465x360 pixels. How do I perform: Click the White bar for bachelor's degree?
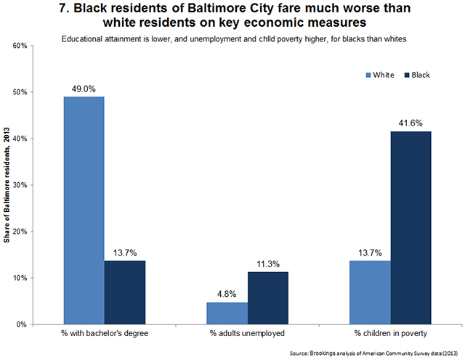[x=84, y=210]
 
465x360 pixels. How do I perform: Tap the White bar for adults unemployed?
[x=227, y=313]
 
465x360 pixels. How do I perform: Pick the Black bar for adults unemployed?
[x=269, y=298]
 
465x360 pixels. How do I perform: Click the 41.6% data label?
[x=411, y=123]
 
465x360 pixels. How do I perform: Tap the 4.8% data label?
[x=227, y=293]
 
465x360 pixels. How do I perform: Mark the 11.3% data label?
[x=269, y=263]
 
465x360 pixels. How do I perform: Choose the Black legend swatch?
[x=407, y=75]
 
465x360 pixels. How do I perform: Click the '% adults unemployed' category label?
[x=248, y=335]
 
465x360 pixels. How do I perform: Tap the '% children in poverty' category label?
[x=390, y=335]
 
